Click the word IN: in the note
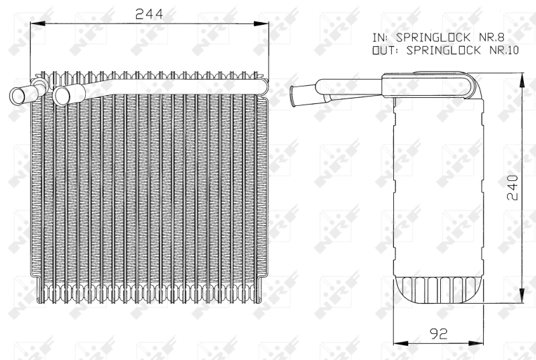(380, 38)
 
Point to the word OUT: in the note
(385, 50)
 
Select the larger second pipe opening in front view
(62, 95)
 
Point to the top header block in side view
(429, 87)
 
